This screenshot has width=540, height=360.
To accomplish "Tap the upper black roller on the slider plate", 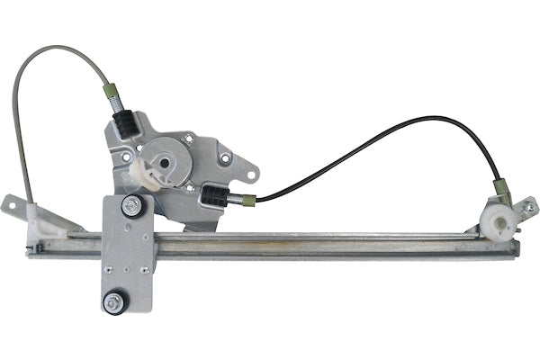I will point(131,205).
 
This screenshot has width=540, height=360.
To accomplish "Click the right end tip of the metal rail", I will point(519,243).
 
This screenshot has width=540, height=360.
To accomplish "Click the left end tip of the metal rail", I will point(28,247).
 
